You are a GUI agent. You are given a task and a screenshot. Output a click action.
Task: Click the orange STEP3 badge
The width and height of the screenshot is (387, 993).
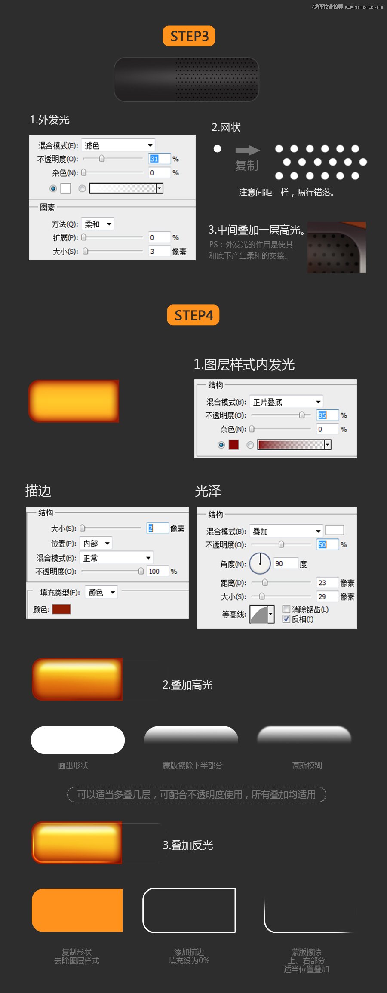pyautogui.click(x=189, y=36)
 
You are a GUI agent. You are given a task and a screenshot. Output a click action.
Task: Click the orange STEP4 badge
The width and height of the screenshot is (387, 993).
pyautogui.click(x=193, y=315)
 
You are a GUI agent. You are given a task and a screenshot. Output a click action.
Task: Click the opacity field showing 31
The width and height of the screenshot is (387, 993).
pyautogui.click(x=159, y=159)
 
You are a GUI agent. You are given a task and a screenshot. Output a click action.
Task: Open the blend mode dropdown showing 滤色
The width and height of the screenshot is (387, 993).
pyautogui.click(x=118, y=145)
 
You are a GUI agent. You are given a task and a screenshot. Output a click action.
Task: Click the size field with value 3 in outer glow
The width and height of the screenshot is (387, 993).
pyautogui.click(x=159, y=251)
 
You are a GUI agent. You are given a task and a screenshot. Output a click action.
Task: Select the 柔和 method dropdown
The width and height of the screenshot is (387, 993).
pyautogui.click(x=98, y=224)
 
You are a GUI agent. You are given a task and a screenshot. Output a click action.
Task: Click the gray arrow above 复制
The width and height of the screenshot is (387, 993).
pyautogui.click(x=247, y=150)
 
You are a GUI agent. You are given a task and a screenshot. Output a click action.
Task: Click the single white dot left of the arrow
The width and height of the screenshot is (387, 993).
pyautogui.click(x=217, y=149)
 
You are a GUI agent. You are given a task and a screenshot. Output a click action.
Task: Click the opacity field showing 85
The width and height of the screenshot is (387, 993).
pyautogui.click(x=327, y=415)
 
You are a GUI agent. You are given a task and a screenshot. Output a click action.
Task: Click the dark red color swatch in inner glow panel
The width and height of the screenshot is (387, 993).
pyautogui.click(x=233, y=445)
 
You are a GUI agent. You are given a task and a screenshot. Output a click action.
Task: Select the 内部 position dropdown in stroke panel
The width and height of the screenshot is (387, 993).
pyautogui.click(x=96, y=544)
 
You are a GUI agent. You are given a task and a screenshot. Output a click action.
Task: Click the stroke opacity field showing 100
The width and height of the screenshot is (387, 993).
pyautogui.click(x=157, y=571)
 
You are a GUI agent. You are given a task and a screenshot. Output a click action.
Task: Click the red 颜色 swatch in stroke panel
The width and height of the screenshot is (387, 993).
pyautogui.click(x=61, y=609)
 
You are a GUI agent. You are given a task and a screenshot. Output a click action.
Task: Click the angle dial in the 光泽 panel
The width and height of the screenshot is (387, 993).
pyautogui.click(x=260, y=563)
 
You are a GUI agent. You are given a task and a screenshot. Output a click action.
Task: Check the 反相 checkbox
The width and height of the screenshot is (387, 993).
pyautogui.click(x=286, y=619)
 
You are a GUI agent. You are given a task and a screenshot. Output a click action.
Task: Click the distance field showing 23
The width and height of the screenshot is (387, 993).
pyautogui.click(x=327, y=583)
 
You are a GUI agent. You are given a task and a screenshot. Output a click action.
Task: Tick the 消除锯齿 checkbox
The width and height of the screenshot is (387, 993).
pyautogui.click(x=286, y=609)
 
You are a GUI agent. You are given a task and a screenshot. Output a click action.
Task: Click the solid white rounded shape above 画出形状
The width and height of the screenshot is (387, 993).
pyautogui.click(x=78, y=740)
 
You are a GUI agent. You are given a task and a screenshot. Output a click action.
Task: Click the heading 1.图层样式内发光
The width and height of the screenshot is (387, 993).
pyautogui.click(x=244, y=365)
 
